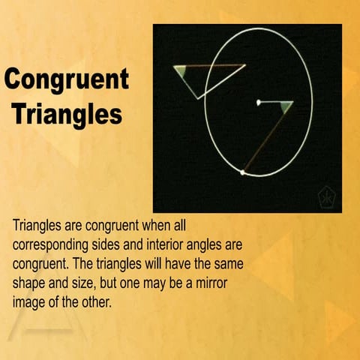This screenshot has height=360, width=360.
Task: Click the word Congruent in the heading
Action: [x=67, y=79]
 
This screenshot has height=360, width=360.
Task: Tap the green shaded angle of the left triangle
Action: [x=181, y=72]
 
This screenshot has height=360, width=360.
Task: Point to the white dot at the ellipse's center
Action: [x=258, y=102]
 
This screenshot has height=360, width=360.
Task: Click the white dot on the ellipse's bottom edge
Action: [x=241, y=173]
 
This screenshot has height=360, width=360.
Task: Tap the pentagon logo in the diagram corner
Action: [x=327, y=197]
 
